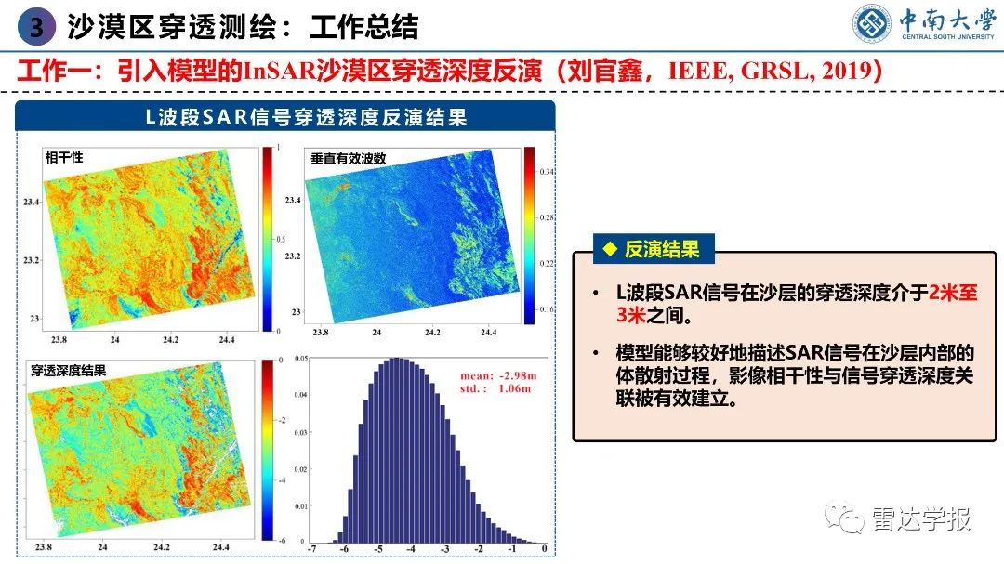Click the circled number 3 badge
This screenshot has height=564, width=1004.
[x=36, y=28]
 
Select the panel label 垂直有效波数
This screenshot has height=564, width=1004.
[x=349, y=159]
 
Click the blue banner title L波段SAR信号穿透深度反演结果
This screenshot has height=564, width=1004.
[x=293, y=117]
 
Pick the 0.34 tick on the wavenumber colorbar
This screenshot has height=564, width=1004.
[x=548, y=172]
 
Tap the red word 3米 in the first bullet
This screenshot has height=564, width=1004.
[x=629, y=316]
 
